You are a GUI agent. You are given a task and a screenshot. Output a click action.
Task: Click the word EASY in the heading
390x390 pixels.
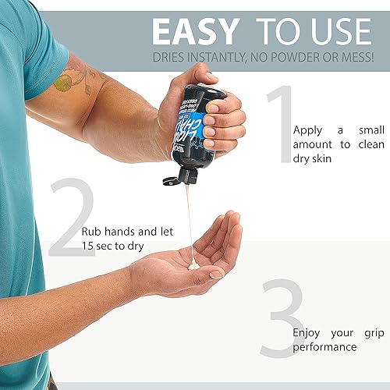195,30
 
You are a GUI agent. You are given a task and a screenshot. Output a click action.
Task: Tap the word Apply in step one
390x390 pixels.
306,131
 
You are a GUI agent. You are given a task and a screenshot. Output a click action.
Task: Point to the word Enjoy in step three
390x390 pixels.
307,332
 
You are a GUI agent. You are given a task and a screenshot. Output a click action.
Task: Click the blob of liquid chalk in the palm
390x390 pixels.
194,266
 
